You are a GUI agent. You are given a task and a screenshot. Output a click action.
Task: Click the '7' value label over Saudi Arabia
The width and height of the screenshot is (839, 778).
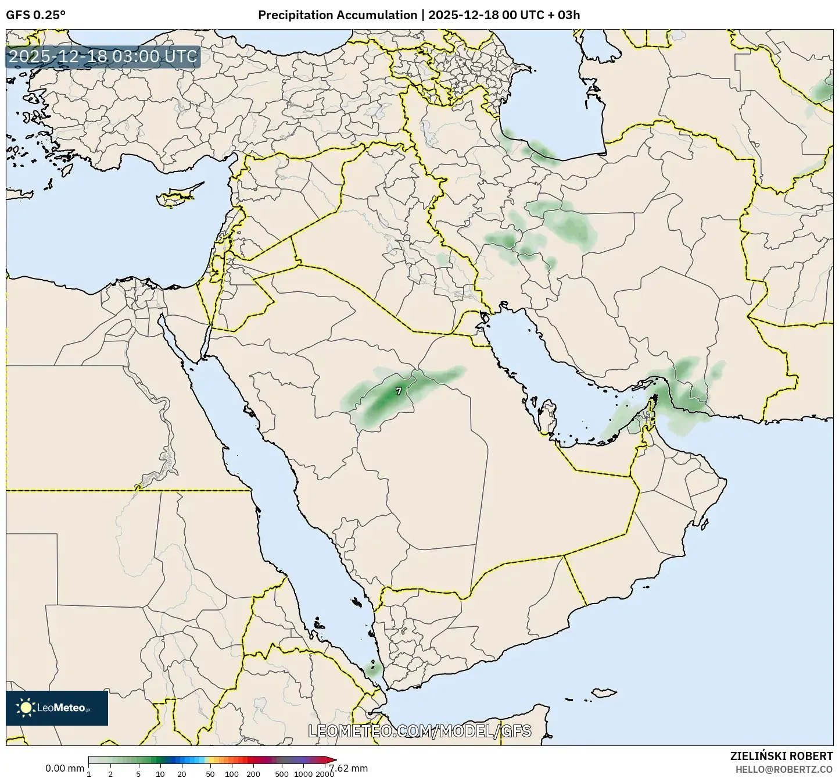tap(399, 391)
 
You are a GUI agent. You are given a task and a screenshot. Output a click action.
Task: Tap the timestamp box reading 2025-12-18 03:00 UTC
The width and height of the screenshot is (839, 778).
tap(103, 57)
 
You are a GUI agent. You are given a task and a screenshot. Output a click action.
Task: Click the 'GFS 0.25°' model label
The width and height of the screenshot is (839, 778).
tap(35, 15)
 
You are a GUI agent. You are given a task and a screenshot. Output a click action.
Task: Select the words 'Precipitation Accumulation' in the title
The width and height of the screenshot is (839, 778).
tap(338, 15)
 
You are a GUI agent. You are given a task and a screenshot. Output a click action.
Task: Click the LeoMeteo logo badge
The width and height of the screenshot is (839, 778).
tap(57, 708)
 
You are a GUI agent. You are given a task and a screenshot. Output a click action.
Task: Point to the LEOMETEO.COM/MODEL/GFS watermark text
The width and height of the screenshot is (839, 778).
tap(419, 731)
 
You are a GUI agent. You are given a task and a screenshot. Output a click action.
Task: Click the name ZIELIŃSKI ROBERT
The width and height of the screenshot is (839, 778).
tap(781, 756)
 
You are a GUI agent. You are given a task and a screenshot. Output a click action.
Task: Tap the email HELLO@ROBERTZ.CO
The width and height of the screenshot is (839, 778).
tap(784, 769)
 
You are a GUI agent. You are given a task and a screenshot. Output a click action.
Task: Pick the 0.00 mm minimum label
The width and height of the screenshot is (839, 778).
tap(64, 768)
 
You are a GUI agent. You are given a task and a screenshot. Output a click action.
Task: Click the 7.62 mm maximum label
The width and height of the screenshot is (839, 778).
tap(353, 768)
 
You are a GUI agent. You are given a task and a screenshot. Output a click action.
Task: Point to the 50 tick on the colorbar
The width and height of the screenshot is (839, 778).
tap(210, 774)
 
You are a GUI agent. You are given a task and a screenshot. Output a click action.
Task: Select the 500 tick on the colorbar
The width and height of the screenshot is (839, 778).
tap(282, 774)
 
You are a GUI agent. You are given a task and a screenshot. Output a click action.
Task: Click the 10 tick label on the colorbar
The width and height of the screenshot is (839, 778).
tap(160, 774)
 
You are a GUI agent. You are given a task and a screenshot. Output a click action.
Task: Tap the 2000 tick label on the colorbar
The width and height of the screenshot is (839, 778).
tap(325, 774)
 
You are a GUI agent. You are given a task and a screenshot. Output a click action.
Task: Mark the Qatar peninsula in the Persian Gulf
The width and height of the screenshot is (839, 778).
tap(546, 416)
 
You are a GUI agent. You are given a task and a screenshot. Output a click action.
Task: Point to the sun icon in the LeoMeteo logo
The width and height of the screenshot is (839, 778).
tap(26, 708)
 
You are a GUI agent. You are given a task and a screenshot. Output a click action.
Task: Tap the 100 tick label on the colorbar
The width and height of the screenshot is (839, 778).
tap(232, 774)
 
